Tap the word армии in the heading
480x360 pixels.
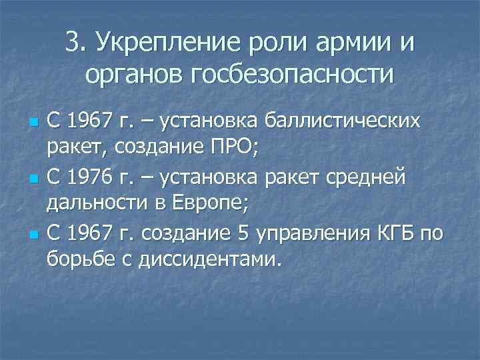[360, 43]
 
